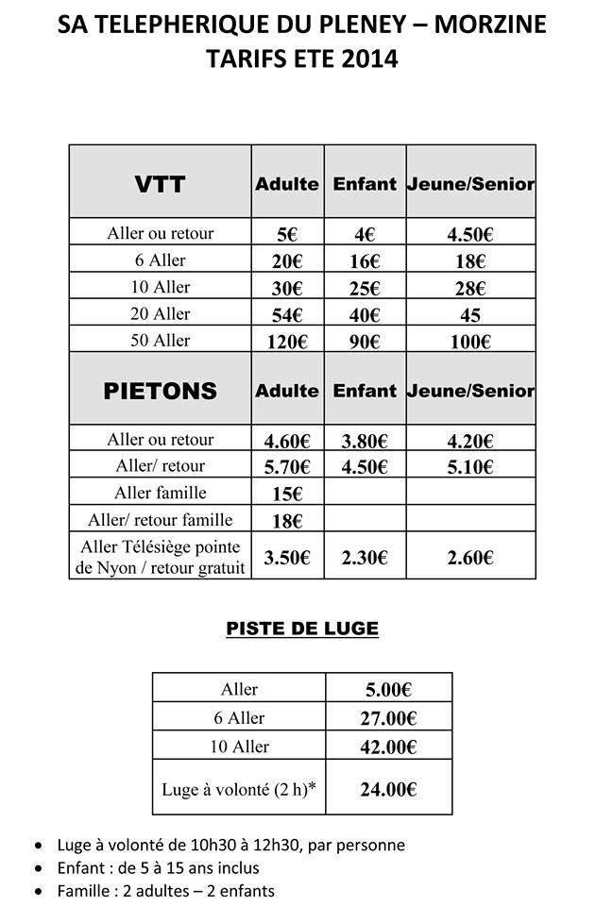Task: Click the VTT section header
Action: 160,184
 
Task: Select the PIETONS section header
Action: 160,391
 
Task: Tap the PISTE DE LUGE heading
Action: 302,629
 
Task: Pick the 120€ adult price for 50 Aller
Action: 287,342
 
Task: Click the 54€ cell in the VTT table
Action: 287,314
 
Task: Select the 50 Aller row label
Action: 160,341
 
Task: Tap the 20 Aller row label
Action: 160,314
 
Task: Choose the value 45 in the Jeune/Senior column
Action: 469,315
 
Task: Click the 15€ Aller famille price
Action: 287,494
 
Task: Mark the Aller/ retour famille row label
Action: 160,520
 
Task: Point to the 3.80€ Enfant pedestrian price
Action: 364,440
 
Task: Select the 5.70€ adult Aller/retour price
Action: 287,466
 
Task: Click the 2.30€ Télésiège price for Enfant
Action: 364,558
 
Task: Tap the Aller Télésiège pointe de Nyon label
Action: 160,557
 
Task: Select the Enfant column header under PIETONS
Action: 365,391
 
